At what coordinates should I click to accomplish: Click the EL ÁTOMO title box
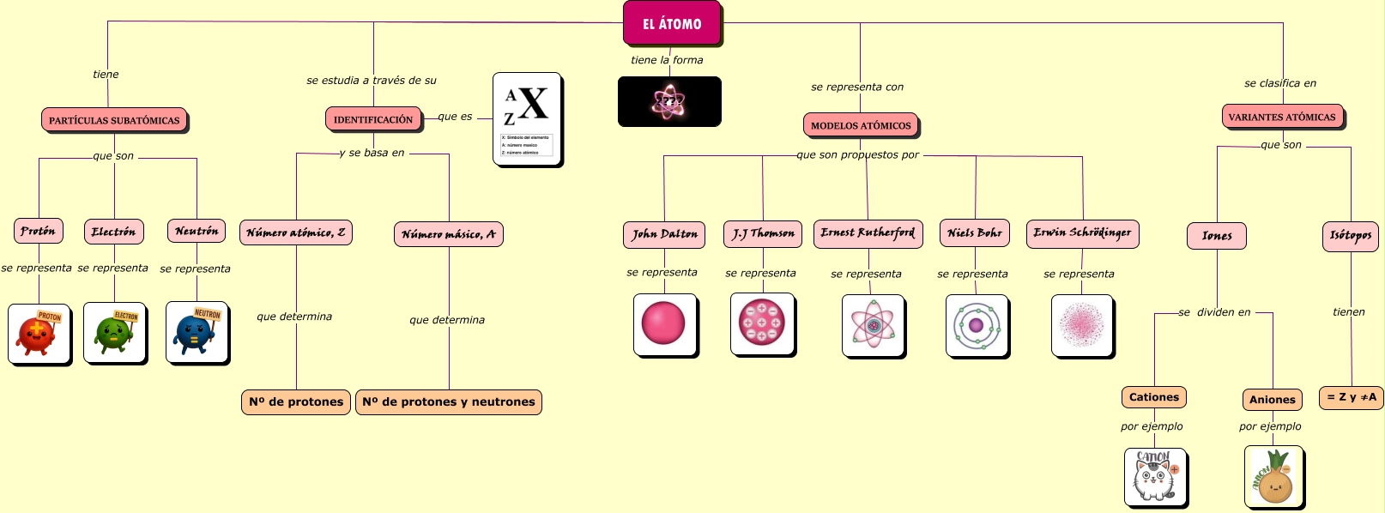tap(672, 23)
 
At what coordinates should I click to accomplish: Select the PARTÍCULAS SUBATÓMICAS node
tap(114, 120)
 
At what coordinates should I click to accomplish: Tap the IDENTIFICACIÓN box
tap(373, 119)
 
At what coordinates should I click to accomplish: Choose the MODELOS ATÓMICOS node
tap(861, 125)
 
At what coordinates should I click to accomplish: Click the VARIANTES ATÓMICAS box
tap(1282, 117)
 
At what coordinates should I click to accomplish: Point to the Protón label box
tap(39, 231)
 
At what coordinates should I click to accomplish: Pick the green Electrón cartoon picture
tap(114, 332)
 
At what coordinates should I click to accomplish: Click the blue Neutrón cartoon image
tap(197, 332)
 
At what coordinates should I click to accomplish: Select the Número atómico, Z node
tap(296, 232)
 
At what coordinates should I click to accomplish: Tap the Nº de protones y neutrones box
tap(449, 401)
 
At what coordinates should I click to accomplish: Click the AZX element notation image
tap(527, 119)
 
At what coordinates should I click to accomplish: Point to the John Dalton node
tap(664, 234)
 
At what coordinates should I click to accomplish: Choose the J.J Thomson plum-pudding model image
tap(761, 323)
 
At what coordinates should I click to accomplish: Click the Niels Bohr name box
tap(975, 233)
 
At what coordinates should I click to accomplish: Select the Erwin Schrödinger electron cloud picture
tap(1082, 325)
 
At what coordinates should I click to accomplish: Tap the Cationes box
tap(1154, 397)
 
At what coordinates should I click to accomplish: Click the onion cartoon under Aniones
tap(1273, 477)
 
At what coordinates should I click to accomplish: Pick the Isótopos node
tap(1351, 235)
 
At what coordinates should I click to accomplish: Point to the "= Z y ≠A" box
tap(1351, 397)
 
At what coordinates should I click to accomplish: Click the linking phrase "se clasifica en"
tap(1280, 83)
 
